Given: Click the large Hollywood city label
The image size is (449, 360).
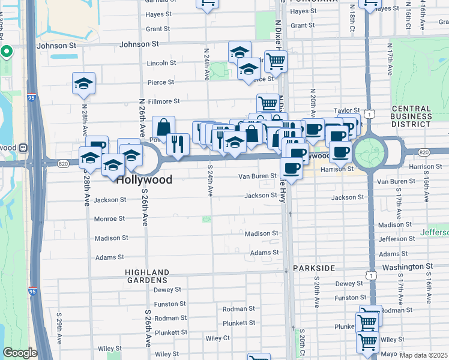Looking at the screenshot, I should (x=144, y=179).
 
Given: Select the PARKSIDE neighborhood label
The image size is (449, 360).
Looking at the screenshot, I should (x=313, y=268).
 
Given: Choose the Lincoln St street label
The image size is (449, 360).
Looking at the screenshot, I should (x=161, y=62).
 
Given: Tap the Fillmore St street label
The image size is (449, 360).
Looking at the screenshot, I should (x=164, y=102).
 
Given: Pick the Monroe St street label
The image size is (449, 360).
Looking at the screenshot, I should (x=109, y=219).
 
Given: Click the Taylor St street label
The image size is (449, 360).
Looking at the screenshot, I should (x=346, y=110).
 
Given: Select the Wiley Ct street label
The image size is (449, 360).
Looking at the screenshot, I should (x=217, y=338).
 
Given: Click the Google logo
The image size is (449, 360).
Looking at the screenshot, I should (x=19, y=353).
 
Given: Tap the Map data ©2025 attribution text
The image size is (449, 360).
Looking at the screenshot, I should (x=424, y=355).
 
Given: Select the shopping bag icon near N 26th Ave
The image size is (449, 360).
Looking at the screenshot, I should (x=163, y=127).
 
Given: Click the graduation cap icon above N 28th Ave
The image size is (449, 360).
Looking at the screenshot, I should (x=84, y=84).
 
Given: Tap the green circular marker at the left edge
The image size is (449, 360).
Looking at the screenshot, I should (x=6, y=52).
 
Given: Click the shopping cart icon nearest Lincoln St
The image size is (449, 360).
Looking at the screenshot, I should (x=275, y=61).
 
